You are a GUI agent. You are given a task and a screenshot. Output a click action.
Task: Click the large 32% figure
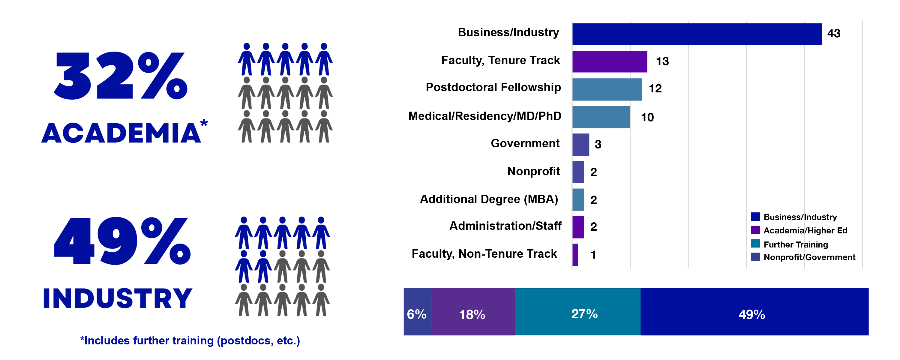[121, 76]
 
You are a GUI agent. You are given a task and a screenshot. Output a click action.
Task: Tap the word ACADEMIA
[121, 133]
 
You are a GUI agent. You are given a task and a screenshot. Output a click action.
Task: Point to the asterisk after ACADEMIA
[204, 123]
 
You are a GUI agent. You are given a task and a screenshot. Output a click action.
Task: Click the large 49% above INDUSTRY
[122, 241]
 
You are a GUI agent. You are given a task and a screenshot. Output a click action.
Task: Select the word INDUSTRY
[118, 298]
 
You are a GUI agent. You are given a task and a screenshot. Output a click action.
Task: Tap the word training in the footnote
[193, 341]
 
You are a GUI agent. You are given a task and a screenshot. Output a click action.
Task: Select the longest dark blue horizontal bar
[697, 34]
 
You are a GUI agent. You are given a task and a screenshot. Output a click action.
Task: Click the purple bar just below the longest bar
[610, 62]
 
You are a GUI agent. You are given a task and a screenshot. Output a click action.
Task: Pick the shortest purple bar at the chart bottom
[575, 255]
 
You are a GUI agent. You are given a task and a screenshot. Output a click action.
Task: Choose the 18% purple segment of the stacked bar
[473, 312]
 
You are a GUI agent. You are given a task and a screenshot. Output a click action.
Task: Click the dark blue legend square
[755, 217]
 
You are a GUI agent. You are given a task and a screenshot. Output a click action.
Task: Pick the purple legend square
[755, 230]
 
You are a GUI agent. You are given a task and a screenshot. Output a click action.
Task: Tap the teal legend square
[755, 244]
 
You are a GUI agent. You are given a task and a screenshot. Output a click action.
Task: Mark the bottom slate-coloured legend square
[755, 257]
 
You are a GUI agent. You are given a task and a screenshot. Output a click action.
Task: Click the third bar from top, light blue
[607, 89]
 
